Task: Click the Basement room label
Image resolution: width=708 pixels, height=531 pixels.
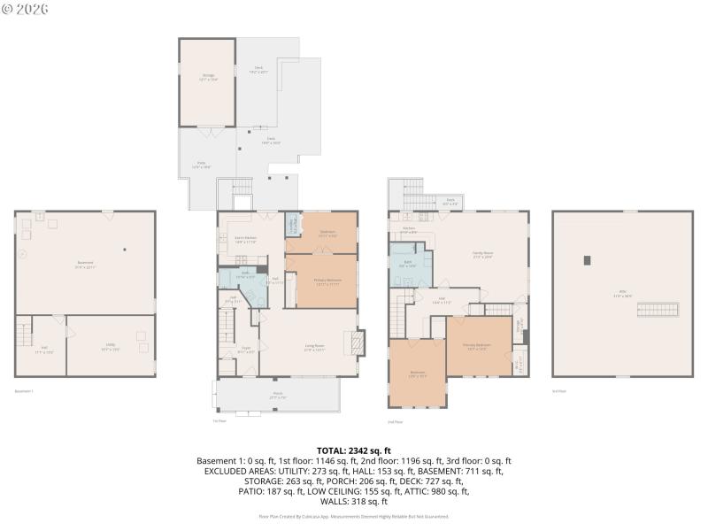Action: click(x=85, y=263)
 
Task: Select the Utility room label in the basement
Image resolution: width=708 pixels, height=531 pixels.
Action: click(x=111, y=350)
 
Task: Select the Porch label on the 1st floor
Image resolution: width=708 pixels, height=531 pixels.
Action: click(x=277, y=397)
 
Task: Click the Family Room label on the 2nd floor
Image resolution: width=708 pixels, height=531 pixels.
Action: click(x=482, y=254)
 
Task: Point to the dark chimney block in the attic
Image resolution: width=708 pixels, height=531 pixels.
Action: click(x=587, y=259)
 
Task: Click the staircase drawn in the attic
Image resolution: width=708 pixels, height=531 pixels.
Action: click(x=664, y=309)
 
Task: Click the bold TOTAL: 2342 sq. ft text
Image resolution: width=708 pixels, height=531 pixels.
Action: click(x=354, y=450)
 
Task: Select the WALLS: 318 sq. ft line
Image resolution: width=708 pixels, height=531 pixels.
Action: click(x=354, y=501)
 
